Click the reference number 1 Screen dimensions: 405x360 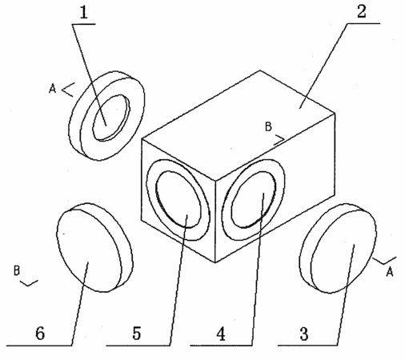(84, 12)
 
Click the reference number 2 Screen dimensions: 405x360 (362, 12)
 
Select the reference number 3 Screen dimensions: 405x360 (304, 334)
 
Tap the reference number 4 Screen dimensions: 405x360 (221, 334)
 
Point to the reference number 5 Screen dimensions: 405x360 (137, 334)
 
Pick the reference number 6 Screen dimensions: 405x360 (40, 334)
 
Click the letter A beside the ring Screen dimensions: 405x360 (53, 88)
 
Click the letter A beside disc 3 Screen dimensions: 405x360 (390, 272)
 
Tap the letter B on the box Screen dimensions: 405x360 (268, 126)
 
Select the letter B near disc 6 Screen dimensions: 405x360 (17, 270)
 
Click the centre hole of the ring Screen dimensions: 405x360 (110, 117)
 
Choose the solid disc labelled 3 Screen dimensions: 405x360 (338, 249)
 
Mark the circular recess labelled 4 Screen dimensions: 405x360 (254, 199)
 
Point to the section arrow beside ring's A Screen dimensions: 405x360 (68, 90)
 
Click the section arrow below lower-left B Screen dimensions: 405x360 (29, 283)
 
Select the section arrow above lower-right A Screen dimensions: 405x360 (385, 261)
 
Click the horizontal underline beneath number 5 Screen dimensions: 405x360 (138, 346)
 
